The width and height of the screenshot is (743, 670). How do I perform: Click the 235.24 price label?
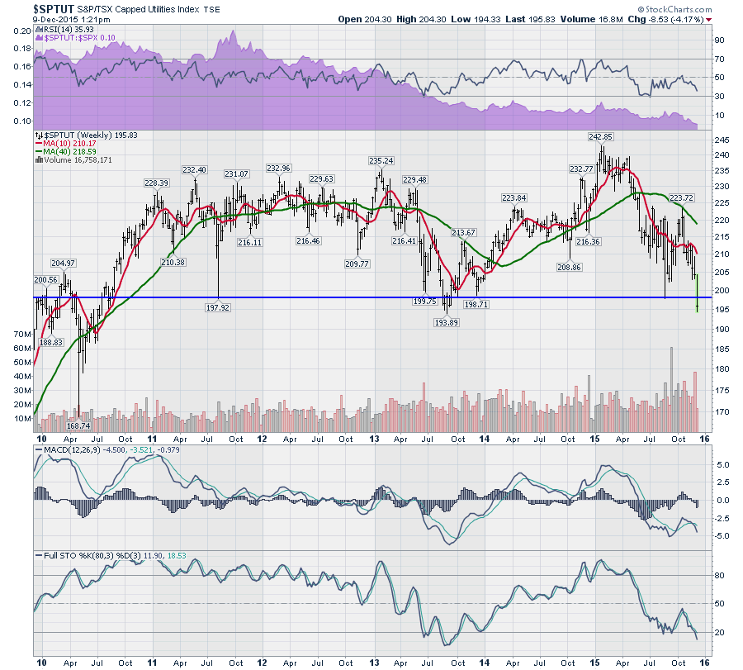click(x=381, y=160)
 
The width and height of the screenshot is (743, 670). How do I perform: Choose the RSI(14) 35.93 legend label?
click(x=67, y=28)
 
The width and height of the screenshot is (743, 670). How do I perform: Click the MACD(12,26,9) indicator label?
click(x=71, y=449)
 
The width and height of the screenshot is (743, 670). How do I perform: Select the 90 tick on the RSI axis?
click(x=719, y=39)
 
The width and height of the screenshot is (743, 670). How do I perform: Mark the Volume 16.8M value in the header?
click(x=625, y=19)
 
